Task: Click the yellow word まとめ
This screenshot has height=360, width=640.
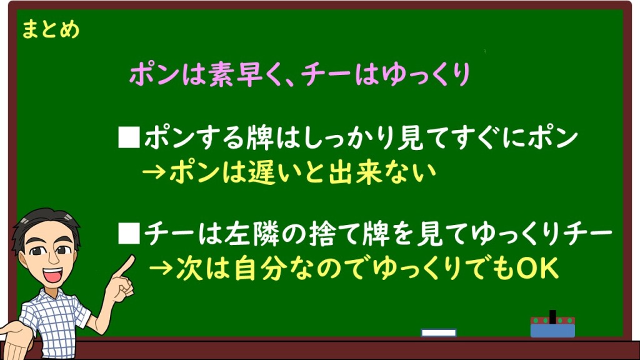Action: pyautogui.click(x=51, y=30)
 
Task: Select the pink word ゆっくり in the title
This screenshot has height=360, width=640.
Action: pyautogui.click(x=426, y=75)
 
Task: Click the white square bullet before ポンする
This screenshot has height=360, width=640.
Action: pyautogui.click(x=129, y=137)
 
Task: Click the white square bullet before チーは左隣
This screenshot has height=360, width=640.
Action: pyautogui.click(x=129, y=234)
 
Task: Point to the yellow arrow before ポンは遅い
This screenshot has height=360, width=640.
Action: pyautogui.click(x=154, y=172)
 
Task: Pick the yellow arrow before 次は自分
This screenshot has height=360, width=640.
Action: pyautogui.click(x=161, y=269)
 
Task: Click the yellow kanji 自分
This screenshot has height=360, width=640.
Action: pyautogui.click(x=261, y=269)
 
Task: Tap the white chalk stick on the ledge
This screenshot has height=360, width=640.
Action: pyautogui.click(x=439, y=332)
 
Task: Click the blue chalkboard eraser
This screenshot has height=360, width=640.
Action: pyautogui.click(x=552, y=327)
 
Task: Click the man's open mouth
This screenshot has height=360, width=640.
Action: pyautogui.click(x=52, y=275)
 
